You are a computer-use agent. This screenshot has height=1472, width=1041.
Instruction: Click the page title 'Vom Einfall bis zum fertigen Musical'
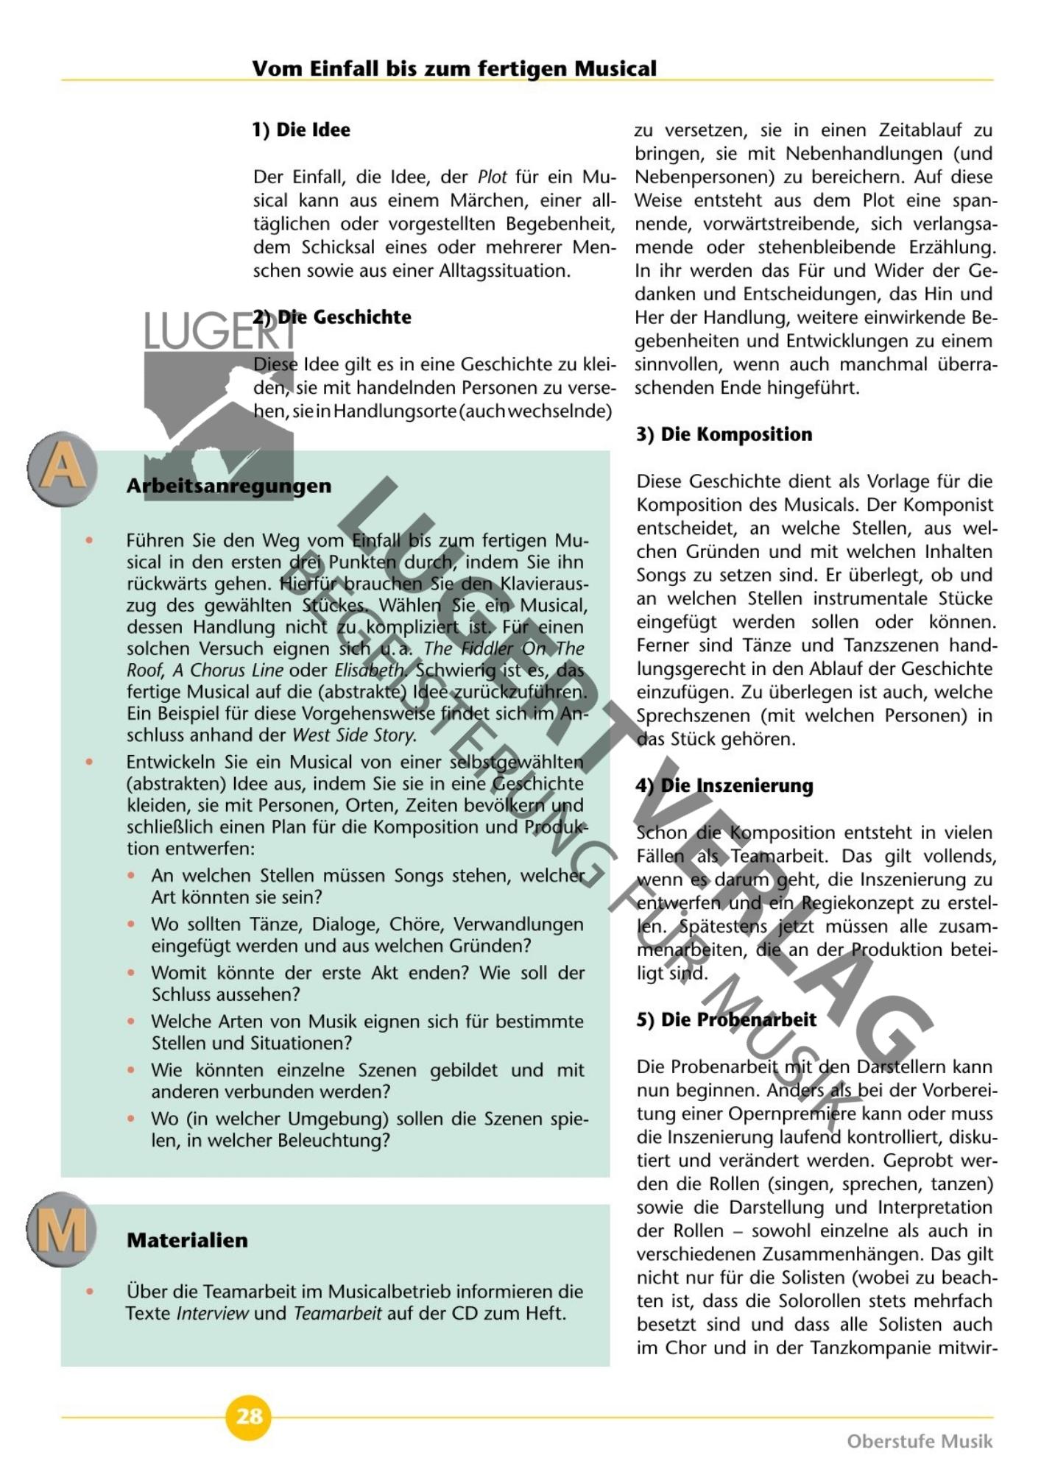[x=454, y=68]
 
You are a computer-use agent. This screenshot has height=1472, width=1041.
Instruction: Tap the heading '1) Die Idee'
[x=301, y=130]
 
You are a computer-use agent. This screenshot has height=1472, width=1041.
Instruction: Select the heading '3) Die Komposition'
[x=724, y=434]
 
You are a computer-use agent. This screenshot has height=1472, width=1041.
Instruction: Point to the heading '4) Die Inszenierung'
[x=724, y=785]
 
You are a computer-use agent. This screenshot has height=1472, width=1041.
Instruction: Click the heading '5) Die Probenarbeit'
[x=726, y=1019]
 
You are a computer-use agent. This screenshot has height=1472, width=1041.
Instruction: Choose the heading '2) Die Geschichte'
[x=332, y=317]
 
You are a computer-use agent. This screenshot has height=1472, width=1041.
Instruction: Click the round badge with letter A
[x=63, y=467]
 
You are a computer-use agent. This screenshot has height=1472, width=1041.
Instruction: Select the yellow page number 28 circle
[x=249, y=1416]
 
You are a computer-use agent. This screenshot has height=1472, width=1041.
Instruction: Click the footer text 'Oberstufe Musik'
[x=920, y=1440]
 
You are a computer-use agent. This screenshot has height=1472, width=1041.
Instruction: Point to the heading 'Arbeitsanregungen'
[x=228, y=486]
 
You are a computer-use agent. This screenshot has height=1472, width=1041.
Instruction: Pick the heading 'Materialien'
[x=187, y=1240]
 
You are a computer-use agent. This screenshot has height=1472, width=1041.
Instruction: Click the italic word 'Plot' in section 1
[x=493, y=177]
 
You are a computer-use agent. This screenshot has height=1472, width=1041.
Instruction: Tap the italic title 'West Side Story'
[x=354, y=735]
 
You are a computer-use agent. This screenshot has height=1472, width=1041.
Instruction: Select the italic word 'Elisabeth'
[x=369, y=670]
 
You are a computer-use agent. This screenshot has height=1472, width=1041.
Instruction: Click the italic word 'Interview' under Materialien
[x=212, y=1314]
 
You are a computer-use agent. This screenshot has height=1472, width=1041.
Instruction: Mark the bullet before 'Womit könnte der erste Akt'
[x=132, y=973]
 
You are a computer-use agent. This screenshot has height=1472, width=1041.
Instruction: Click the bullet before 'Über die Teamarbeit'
[x=90, y=1292]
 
